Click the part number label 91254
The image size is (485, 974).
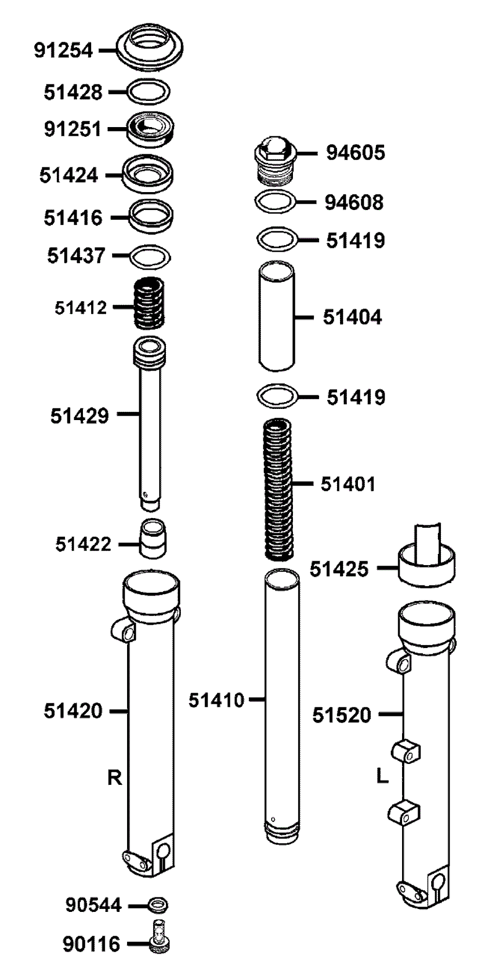tap(63, 50)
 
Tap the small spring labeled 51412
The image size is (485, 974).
tap(149, 302)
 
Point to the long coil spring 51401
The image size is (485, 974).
tap(278, 488)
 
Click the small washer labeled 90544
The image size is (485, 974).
tap(157, 904)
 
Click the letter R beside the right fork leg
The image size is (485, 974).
tap(114, 778)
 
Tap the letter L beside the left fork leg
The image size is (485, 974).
tap(383, 776)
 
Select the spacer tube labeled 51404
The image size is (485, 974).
tap(276, 316)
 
